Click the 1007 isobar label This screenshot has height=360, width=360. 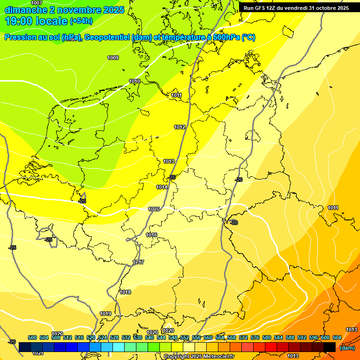click(x=37, y=3)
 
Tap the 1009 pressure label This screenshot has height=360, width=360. click(x=113, y=58)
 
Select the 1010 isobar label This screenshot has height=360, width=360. click(x=135, y=81)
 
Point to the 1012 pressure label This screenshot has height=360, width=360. click(x=180, y=127)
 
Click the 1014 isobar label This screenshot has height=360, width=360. click(x=162, y=187)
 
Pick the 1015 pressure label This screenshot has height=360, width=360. click(x=154, y=209)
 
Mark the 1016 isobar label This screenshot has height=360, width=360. click(x=151, y=235)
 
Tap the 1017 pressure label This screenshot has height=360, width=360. click(x=138, y=262)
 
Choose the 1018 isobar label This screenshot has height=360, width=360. click(x=125, y=292)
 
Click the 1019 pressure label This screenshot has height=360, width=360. click(x=105, y=314)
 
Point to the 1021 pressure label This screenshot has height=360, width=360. click(x=38, y=353)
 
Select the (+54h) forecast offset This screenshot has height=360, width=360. click(x=81, y=21)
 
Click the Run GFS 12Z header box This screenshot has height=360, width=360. click(x=296, y=7)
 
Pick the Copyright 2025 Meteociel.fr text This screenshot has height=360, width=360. click(x=199, y=357)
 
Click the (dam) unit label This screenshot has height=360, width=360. click(x=347, y=348)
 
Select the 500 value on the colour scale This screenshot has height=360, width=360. click(x=32, y=337)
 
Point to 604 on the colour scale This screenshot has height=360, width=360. click(x=337, y=337)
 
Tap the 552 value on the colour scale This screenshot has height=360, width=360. click(x=185, y=337)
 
